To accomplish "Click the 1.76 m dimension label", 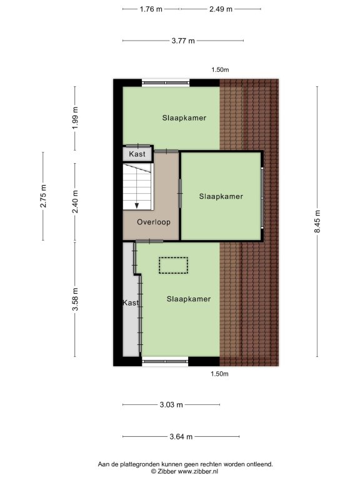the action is pos(151,9).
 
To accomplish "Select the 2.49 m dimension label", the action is pos(221,9).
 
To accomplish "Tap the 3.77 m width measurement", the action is pos(183,41).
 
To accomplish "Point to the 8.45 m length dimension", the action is pos(317,221).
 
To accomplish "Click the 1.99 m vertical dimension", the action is pos(75,118).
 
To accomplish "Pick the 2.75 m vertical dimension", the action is pos(43,196).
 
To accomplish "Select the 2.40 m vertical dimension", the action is pos(75,201).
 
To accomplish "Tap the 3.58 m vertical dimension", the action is pos(75,299).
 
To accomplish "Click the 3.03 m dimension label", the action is pos(171,405).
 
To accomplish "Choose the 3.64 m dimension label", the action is pos(181,436).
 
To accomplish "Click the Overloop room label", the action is pos(154,222).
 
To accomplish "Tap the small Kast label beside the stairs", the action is pos(137,154).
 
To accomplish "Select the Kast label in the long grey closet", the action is pos(131,302).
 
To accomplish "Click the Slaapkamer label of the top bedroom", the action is pos(184,118).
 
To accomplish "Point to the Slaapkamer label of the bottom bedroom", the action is pos(189,299).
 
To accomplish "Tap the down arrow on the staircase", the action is pos(137,206).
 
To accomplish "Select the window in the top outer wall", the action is pos(166,82).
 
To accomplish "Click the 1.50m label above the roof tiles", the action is pos(220,70).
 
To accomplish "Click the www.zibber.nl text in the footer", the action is pos(198,472).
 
